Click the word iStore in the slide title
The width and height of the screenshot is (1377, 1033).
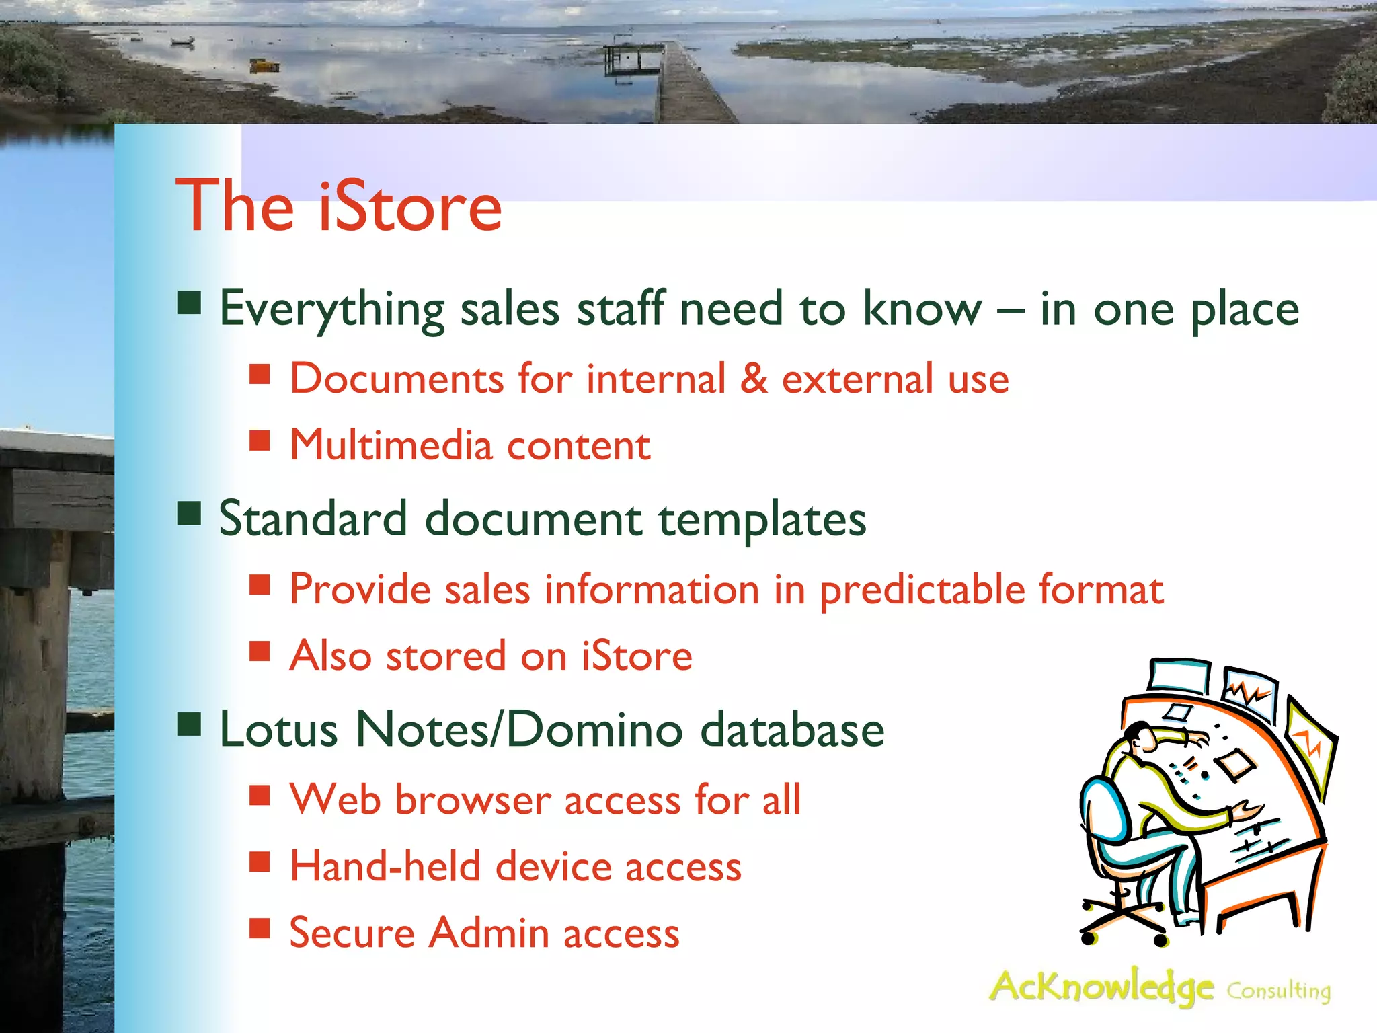click(x=410, y=206)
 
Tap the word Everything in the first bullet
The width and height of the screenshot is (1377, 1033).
click(x=331, y=309)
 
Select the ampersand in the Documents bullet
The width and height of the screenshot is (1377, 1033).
click(x=753, y=379)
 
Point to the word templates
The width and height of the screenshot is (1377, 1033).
click(x=762, y=520)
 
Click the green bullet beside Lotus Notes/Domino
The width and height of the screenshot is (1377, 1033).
click(x=190, y=724)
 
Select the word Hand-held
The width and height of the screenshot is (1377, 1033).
click(x=385, y=866)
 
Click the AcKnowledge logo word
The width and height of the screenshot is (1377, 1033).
click(x=1101, y=987)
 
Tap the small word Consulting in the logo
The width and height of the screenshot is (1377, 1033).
click(x=1278, y=991)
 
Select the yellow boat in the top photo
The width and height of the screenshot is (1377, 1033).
click(x=265, y=65)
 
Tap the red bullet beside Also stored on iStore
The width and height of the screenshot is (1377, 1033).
click(x=260, y=651)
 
